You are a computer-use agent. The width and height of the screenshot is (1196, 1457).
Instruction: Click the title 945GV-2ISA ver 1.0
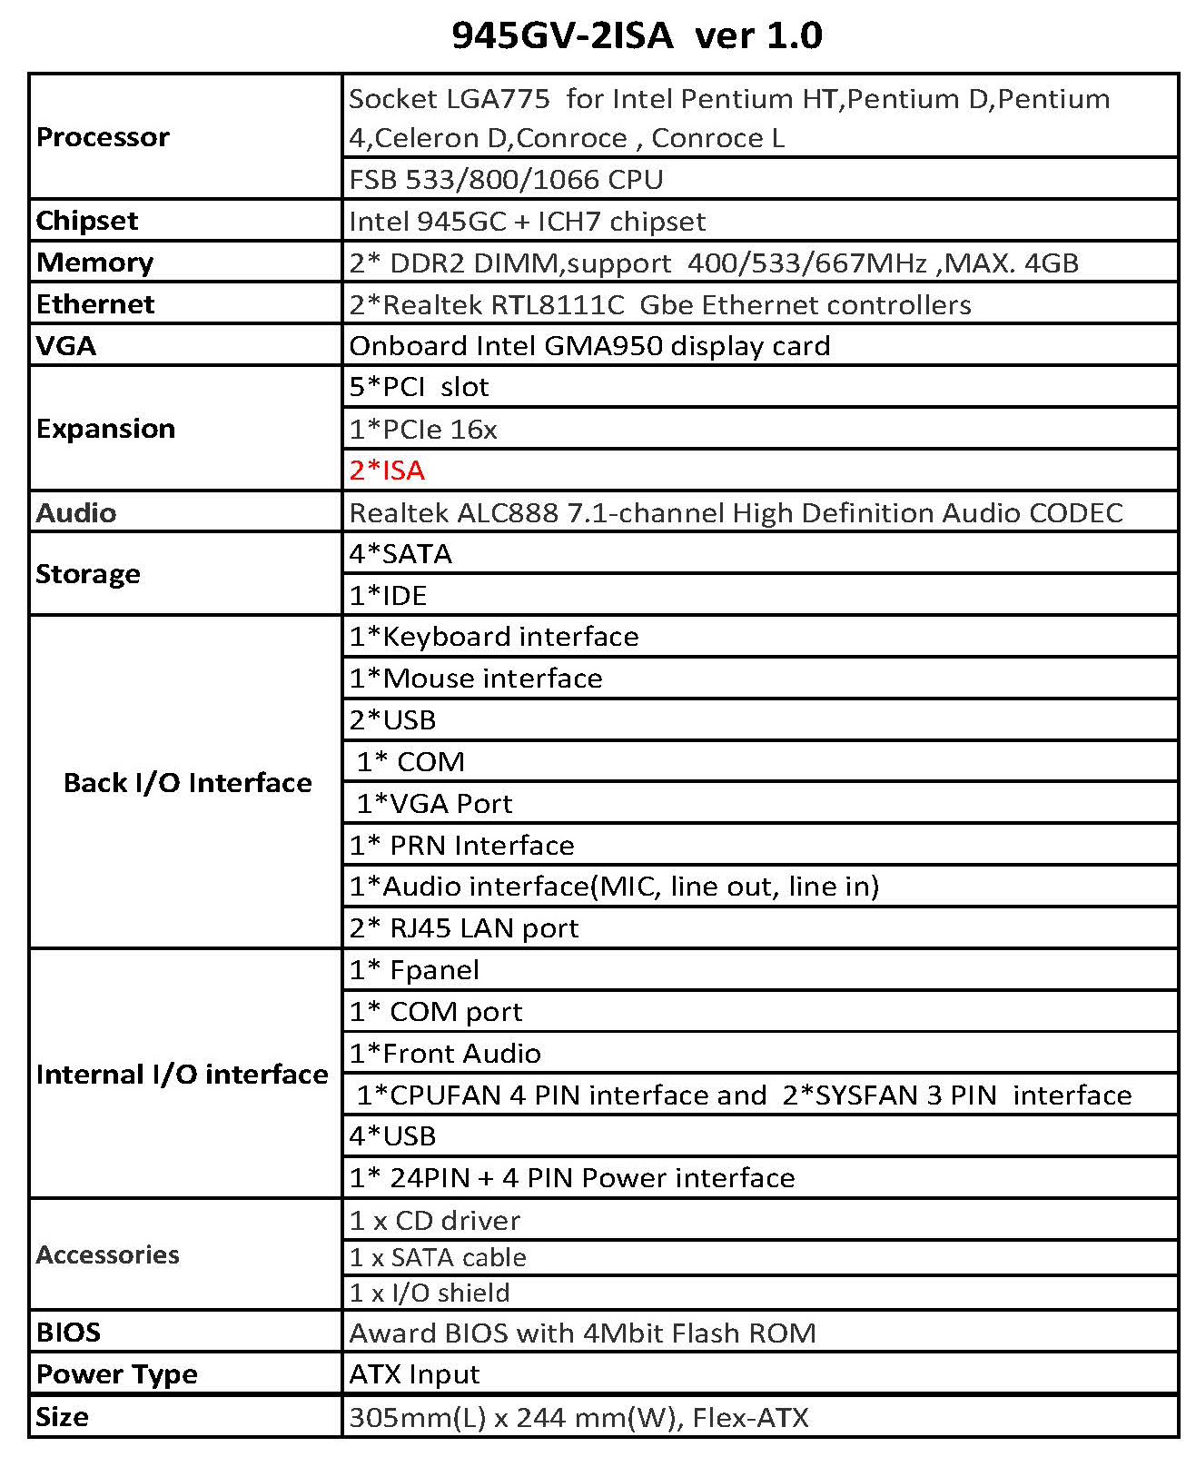click(637, 35)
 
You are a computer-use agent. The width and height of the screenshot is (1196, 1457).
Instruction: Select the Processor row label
click(103, 137)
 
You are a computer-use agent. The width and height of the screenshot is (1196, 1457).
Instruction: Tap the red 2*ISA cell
click(388, 471)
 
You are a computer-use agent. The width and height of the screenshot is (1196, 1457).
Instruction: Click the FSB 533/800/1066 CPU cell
click(506, 179)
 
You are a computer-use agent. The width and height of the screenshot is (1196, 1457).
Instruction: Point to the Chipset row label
click(87, 221)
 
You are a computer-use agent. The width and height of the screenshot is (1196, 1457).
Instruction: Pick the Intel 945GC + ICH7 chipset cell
click(527, 221)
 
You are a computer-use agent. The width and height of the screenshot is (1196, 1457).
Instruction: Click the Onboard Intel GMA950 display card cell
click(589, 346)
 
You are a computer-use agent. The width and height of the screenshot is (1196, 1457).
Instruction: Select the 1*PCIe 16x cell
click(423, 429)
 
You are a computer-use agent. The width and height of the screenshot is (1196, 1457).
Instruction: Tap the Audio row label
click(76, 512)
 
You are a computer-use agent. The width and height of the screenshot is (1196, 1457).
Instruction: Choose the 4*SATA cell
click(400, 553)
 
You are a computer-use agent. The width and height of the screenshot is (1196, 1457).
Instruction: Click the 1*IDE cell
click(389, 595)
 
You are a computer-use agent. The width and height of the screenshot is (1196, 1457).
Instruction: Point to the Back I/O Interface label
click(187, 783)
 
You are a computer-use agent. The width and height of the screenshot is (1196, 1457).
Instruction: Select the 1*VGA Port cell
click(434, 803)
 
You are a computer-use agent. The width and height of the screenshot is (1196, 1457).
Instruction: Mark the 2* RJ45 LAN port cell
click(464, 927)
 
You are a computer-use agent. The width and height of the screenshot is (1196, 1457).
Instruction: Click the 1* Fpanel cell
click(414, 970)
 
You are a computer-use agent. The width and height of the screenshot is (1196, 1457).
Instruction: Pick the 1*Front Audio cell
click(445, 1053)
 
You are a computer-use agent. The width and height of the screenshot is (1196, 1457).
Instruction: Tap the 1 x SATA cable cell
click(438, 1257)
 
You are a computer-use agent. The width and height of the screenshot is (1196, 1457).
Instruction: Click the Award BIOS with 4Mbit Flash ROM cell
click(582, 1333)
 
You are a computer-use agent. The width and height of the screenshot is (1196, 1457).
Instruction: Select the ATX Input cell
click(414, 1374)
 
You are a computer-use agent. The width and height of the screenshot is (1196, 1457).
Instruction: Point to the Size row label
click(63, 1417)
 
